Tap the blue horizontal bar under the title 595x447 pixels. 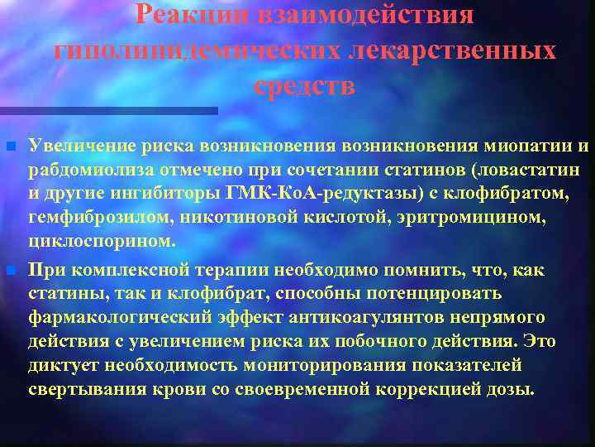click(108, 111)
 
